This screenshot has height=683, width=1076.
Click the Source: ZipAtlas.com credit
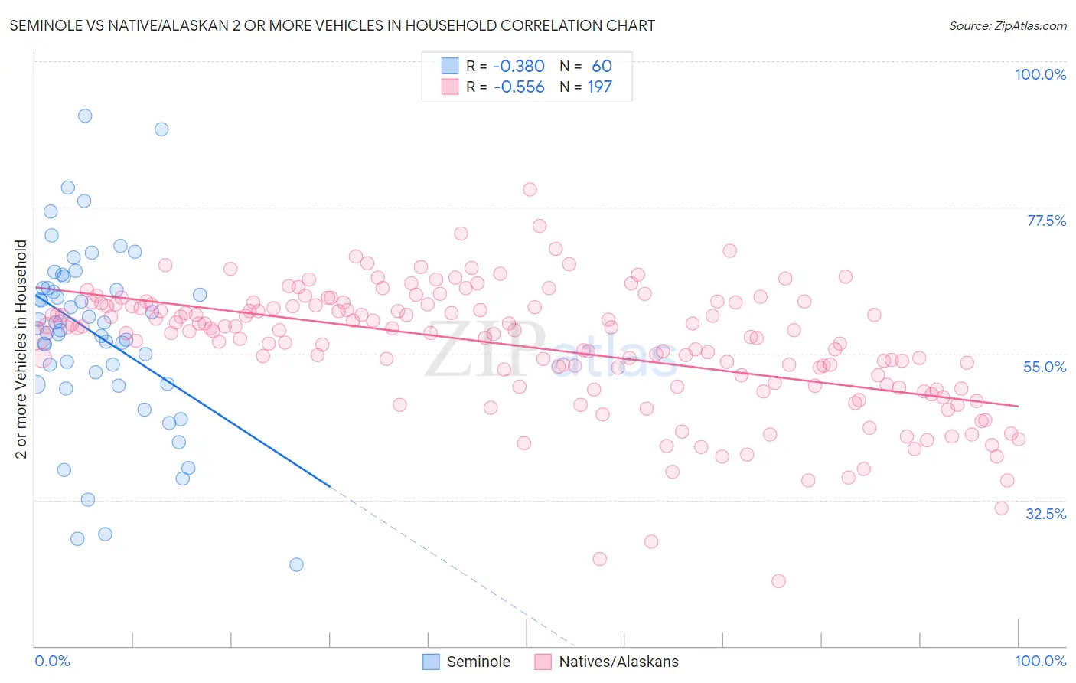[1007, 26]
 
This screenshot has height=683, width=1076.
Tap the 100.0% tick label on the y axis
[1040, 74]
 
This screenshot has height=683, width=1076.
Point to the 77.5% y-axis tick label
[1045, 221]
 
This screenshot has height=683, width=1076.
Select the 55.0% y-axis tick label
[1045, 367]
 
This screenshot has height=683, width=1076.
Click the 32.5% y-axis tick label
[1045, 514]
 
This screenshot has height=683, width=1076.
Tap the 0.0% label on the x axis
[52, 661]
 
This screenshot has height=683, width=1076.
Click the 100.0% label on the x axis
[1040, 661]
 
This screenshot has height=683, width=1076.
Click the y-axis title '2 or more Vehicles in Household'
[21, 349]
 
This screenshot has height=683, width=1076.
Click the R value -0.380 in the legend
[518, 67]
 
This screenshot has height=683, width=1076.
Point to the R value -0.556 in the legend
[518, 87]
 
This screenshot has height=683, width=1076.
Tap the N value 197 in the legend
[599, 87]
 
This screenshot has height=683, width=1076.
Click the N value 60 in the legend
[602, 67]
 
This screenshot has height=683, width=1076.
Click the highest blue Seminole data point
[85, 116]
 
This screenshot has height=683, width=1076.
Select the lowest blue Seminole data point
[296, 564]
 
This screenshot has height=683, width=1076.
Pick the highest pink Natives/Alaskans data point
[530, 189]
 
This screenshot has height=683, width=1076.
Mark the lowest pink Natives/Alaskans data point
[778, 580]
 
